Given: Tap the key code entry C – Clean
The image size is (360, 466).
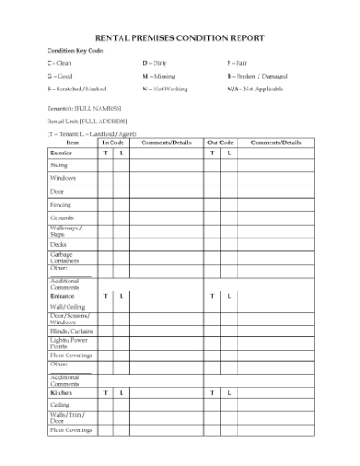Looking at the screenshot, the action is (59, 63).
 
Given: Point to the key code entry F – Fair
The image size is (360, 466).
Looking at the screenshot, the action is (237, 63).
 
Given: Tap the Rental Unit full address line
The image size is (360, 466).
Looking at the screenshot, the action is (87, 121).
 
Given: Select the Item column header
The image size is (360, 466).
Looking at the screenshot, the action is (72, 143).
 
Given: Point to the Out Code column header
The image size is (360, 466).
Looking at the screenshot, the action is (220, 143).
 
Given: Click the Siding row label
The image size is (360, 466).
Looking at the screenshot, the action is (58, 165).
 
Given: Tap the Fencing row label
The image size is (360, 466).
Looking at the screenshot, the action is (60, 206).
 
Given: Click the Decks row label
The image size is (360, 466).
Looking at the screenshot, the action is (58, 245).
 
